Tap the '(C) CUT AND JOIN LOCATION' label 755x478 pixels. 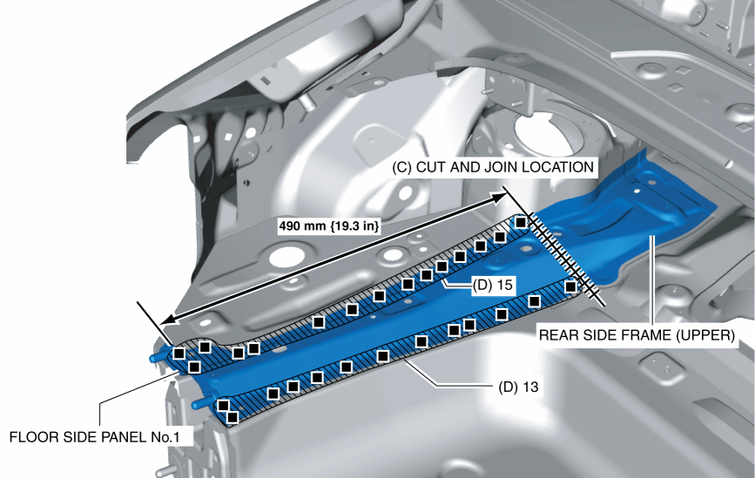(x=494, y=166)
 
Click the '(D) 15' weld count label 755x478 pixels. (x=493, y=285)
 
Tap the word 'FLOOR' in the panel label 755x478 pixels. (x=30, y=436)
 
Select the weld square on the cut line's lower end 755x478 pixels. (x=570, y=286)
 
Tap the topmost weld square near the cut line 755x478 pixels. (x=520, y=223)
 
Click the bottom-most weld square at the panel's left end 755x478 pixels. (x=233, y=418)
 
